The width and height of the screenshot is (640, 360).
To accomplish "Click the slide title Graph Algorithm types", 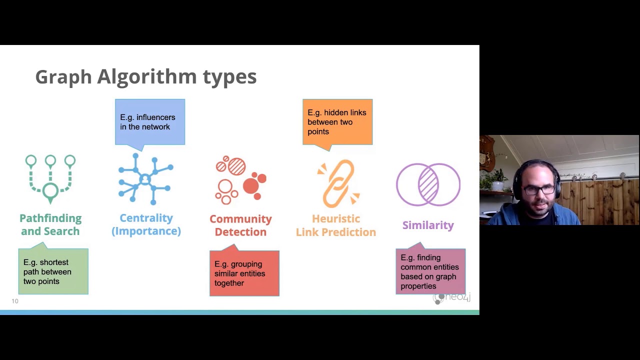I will (145, 77).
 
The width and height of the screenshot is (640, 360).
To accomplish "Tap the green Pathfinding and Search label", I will (50, 224).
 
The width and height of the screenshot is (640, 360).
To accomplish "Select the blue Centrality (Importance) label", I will (146, 224).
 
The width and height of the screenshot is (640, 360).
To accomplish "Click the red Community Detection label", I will (240, 225).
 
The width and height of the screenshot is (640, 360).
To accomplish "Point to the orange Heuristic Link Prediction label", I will (336, 225).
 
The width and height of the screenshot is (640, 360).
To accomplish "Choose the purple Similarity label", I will (428, 225).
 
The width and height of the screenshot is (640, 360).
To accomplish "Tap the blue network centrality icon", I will (145, 179).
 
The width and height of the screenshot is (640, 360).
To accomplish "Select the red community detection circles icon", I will (240, 179).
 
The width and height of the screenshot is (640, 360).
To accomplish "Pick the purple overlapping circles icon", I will (428, 184).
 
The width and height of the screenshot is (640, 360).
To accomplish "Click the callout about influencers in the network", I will (149, 122).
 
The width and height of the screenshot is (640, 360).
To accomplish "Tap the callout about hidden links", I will (337, 122).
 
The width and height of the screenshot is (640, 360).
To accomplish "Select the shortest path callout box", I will (53, 271).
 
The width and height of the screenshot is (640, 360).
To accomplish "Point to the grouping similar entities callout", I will (244, 273).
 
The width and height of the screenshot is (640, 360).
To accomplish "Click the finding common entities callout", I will (430, 271).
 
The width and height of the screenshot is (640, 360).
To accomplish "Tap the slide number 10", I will (15, 301).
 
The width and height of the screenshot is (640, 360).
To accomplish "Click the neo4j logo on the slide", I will (452, 298).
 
